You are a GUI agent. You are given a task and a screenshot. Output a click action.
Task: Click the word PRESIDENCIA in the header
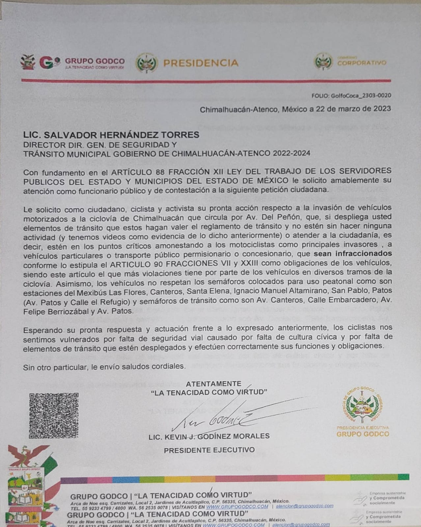tap(201, 63)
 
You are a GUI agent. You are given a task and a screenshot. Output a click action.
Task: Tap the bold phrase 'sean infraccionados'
tap(352, 254)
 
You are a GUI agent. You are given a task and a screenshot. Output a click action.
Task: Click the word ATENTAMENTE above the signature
tap(213, 383)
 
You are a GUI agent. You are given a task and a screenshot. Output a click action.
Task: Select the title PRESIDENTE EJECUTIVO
tap(209, 450)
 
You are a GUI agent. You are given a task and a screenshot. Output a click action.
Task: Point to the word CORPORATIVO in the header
tap(362, 62)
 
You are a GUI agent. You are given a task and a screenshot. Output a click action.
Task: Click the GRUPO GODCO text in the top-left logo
tap(95, 61)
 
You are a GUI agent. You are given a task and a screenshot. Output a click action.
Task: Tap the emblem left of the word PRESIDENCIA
tap(147, 63)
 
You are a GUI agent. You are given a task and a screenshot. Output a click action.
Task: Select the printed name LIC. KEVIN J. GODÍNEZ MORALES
tap(209, 436)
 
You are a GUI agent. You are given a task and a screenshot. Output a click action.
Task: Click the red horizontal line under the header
tap(206, 80)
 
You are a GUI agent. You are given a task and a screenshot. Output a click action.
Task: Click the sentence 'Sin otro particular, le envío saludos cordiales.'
tap(104, 366)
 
